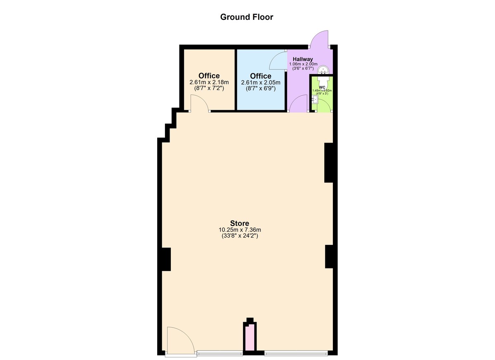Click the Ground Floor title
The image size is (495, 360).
tap(247, 17)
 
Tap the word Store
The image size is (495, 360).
tap(240, 223)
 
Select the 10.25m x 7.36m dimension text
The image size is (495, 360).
tap(240, 230)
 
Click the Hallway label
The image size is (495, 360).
tap(303, 59)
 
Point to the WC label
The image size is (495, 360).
tap(322, 87)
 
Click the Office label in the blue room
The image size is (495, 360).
tap(261, 76)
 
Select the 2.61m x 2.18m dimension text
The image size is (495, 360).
tap(209, 82)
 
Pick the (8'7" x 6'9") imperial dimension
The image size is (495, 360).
tap(261, 89)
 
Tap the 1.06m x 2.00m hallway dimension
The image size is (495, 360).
tap(303, 64)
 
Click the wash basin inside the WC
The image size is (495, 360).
tap(315, 99)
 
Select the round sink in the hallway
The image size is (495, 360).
tap(323, 70)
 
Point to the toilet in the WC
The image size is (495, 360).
tap(324, 79)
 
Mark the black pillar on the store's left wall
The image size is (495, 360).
tap(166, 259)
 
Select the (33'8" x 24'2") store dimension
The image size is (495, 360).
tap(240, 236)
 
